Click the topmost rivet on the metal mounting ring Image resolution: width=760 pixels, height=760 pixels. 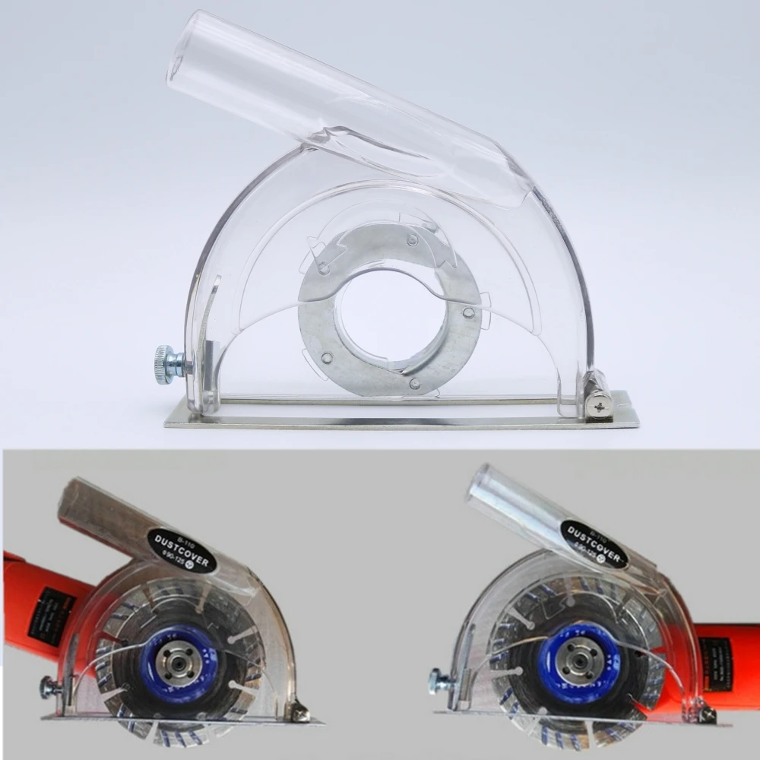tap(411, 240)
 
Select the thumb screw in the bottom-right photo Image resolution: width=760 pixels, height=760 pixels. tap(439, 678)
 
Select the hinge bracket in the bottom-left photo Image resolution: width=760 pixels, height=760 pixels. tap(297, 711)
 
